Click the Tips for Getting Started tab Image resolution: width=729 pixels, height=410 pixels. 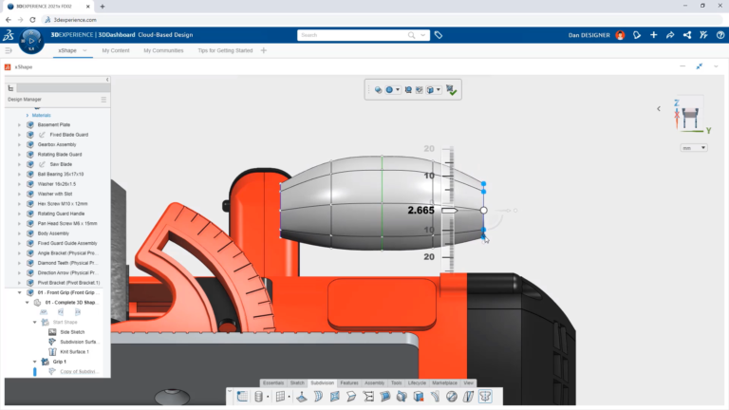[x=225, y=50]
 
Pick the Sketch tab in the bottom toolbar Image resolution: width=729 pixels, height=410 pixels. [x=297, y=382]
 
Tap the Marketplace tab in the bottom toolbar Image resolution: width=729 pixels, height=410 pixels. [x=444, y=382]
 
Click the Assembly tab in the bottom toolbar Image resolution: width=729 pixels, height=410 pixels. [x=375, y=382]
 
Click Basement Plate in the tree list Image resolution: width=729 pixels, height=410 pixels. [x=54, y=124]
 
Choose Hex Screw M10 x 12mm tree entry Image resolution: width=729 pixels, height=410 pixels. [x=63, y=203]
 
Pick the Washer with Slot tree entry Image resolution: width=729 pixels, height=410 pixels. [x=58, y=194]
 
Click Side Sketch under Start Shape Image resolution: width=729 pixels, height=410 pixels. [x=72, y=332]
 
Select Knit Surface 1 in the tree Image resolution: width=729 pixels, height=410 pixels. [x=74, y=352]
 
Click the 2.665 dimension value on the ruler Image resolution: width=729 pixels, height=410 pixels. [x=421, y=210]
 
